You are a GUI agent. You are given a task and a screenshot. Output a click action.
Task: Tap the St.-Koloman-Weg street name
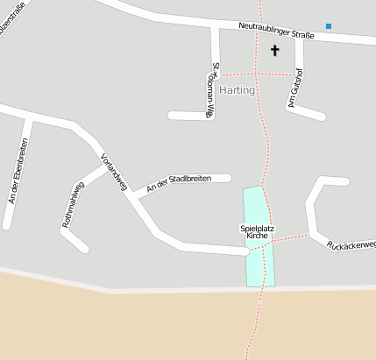pyautogui.click(x=213, y=90)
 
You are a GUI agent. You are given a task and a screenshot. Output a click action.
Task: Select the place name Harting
pyautogui.click(x=238, y=90)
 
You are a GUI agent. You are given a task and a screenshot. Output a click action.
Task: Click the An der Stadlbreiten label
pyautogui.click(x=180, y=183)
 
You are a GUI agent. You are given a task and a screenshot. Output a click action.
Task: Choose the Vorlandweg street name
pyautogui.click(x=115, y=173)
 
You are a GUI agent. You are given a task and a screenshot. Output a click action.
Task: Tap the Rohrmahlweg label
pyautogui.click(x=73, y=205)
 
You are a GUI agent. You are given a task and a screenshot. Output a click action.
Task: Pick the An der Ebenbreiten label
pyautogui.click(x=18, y=172)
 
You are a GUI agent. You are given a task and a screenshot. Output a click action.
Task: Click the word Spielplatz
pyautogui.click(x=258, y=229)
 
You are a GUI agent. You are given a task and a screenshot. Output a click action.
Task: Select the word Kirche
pyautogui.click(x=257, y=236)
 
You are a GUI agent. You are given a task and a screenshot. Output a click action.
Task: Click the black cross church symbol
pyautogui.click(x=274, y=51)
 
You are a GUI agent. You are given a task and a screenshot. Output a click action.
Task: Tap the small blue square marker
pyautogui.click(x=329, y=26)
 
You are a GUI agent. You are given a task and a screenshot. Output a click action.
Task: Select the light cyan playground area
pyautogui.click(x=259, y=263)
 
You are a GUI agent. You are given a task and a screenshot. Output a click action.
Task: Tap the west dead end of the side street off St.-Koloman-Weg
pyautogui.click(x=172, y=115)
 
